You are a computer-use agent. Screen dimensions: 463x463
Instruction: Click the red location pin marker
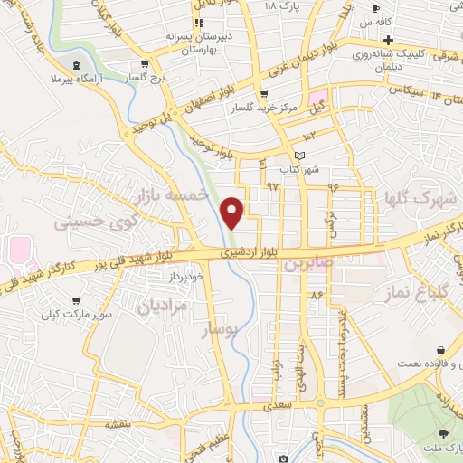(233, 213)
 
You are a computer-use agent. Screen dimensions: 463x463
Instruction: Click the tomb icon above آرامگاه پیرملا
(75, 64)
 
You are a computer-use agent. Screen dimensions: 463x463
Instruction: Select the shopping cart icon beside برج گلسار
(142, 64)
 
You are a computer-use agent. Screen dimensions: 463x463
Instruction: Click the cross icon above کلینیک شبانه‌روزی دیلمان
(388, 41)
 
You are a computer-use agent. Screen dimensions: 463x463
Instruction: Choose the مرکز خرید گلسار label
(262, 107)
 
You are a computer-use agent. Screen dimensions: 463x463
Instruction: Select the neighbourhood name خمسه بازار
(171, 195)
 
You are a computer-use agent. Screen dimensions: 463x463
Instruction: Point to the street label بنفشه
(118, 422)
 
